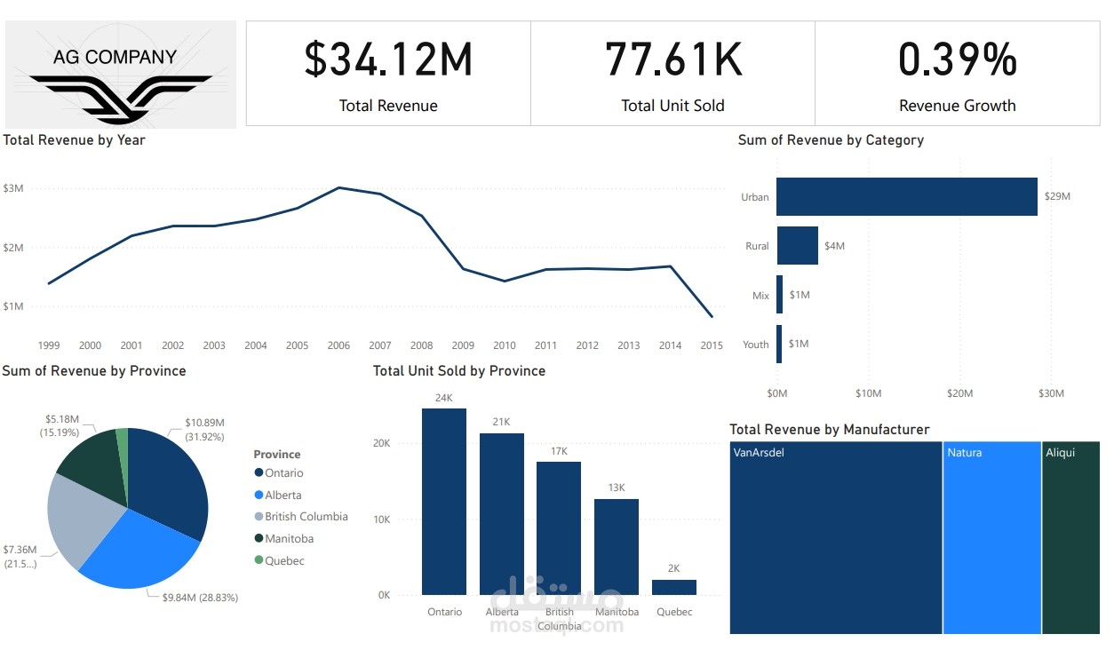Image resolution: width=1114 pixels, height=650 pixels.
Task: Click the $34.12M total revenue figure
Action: click(388, 59)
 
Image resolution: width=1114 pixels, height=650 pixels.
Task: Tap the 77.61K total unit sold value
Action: click(672, 59)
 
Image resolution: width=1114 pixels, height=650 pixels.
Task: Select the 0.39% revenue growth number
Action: click(957, 59)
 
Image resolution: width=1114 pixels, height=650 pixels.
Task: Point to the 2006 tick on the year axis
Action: click(338, 345)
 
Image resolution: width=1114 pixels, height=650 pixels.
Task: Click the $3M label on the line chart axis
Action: click(13, 188)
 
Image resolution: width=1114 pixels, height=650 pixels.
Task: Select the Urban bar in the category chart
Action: click(906, 196)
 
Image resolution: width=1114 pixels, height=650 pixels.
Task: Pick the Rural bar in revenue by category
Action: click(797, 245)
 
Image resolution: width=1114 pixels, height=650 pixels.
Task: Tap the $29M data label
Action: click(1058, 196)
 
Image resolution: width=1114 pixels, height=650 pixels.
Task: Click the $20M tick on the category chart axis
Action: click(959, 392)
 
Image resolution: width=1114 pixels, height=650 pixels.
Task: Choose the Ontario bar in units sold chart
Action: click(444, 502)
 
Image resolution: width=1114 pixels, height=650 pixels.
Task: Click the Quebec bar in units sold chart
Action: click(673, 587)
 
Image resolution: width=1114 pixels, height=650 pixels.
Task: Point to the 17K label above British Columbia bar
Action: click(559, 451)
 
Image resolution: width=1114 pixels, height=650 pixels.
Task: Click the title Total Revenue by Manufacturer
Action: click(829, 430)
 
